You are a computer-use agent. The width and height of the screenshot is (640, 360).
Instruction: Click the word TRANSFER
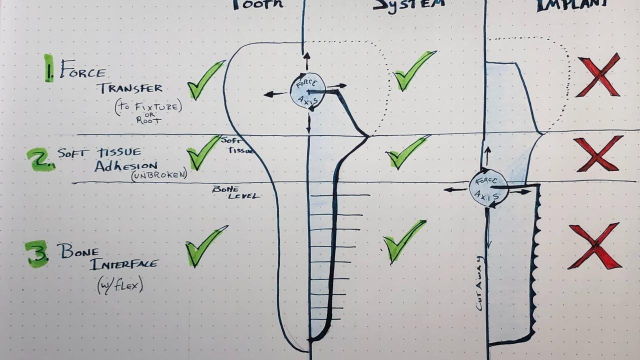pyautogui.click(x=130, y=88)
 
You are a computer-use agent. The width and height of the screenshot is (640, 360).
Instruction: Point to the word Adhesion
pyautogui.click(x=126, y=165)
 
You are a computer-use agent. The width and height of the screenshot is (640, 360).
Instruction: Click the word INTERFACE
pyautogui.click(x=124, y=263)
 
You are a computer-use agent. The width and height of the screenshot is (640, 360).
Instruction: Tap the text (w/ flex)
pyautogui.click(x=120, y=285)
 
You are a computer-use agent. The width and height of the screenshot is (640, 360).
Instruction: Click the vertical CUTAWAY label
pyautogui.click(x=479, y=283)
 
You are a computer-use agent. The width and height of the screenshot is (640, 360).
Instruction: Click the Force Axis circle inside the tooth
pyautogui.click(x=307, y=91)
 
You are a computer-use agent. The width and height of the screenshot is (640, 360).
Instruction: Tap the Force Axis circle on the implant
pyautogui.click(x=488, y=188)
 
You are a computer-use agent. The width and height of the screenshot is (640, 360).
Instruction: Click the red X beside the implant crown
pyautogui.click(x=598, y=75)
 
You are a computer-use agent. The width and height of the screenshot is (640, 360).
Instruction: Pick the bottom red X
pyautogui.click(x=594, y=246)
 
